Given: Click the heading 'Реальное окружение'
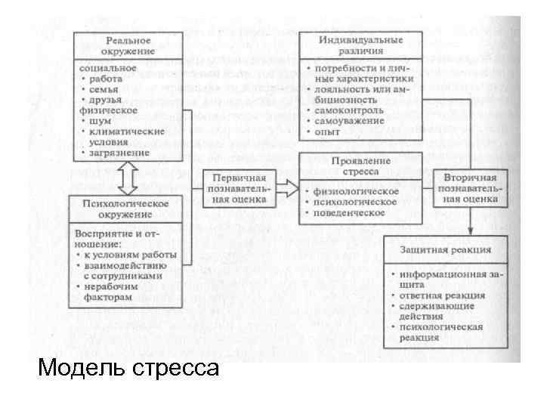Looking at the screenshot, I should (128, 45).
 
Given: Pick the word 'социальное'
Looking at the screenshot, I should (108, 67).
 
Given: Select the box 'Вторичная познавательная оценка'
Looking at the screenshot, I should (470, 189).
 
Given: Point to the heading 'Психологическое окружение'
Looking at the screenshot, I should (129, 209).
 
